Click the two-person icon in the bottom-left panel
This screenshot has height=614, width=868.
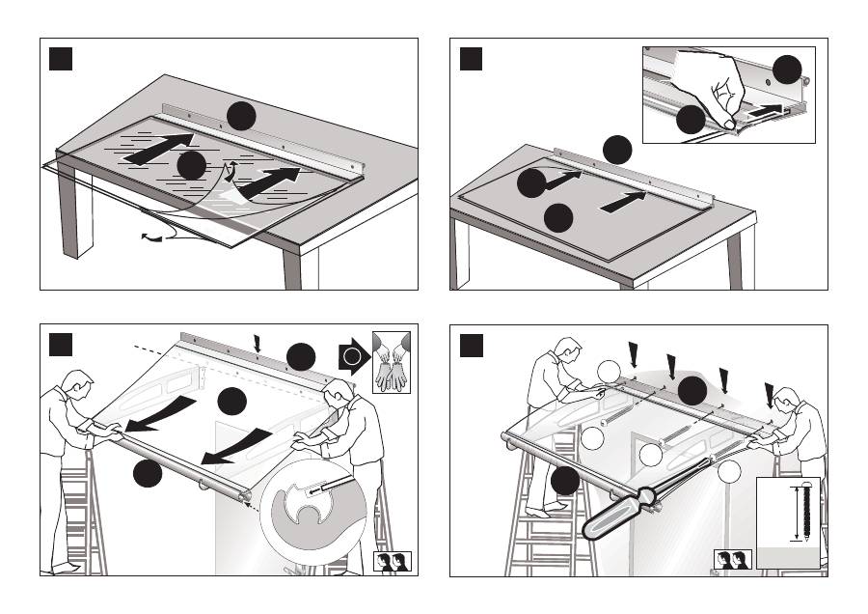click(393, 562)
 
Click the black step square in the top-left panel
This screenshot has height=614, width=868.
click(61, 59)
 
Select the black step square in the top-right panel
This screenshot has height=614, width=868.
click(471, 59)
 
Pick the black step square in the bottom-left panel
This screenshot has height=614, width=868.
click(61, 344)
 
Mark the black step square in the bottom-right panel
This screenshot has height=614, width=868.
click(471, 344)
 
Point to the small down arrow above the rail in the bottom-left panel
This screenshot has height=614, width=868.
click(257, 343)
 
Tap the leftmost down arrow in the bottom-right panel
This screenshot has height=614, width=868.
click(634, 353)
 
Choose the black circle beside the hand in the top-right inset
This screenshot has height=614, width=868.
click(690, 120)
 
